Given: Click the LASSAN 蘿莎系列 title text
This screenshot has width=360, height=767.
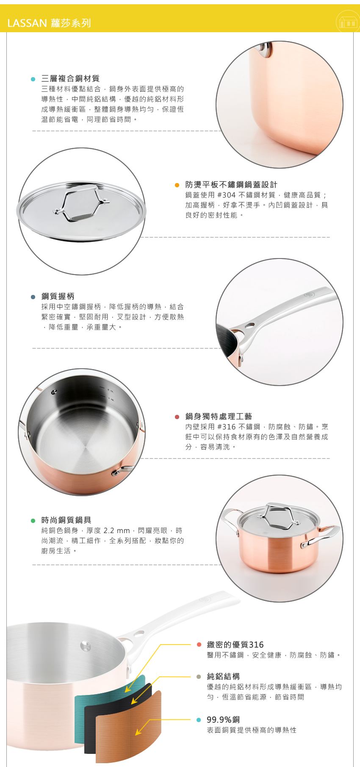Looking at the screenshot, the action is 49,23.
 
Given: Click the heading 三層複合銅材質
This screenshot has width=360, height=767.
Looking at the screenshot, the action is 70,78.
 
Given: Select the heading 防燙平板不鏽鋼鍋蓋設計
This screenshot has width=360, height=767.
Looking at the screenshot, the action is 231,184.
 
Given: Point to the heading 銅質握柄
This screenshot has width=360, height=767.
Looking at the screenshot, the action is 58,296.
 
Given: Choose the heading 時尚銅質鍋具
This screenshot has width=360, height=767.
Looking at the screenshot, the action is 66,520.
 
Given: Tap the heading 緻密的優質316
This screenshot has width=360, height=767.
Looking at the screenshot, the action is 235,645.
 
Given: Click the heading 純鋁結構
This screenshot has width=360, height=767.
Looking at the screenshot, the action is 223,676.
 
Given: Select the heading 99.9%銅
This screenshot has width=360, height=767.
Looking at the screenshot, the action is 223,720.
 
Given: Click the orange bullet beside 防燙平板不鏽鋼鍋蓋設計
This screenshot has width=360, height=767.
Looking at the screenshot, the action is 177,185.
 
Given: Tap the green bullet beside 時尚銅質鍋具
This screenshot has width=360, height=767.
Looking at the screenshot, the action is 33,520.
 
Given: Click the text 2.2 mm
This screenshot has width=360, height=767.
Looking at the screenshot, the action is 116,531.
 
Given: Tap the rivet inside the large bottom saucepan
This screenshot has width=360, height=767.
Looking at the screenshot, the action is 86,645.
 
